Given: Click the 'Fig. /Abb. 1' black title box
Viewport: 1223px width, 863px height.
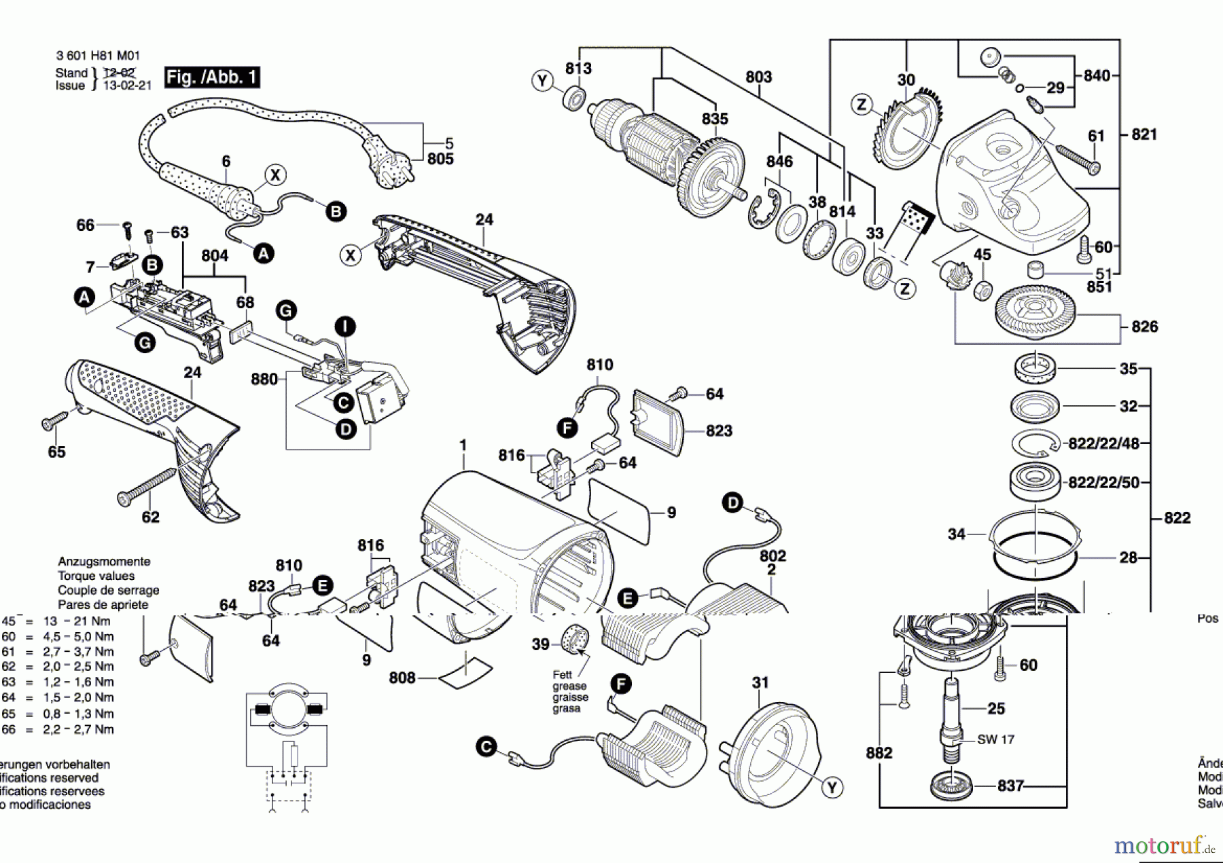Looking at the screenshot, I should click(x=212, y=77).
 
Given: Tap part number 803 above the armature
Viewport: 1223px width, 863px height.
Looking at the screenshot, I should click(x=758, y=77).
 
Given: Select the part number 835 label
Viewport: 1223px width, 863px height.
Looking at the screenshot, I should click(x=715, y=119).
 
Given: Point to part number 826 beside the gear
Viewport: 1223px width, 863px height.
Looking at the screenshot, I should click(x=1144, y=327).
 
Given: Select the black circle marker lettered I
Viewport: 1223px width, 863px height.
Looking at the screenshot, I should click(x=345, y=327).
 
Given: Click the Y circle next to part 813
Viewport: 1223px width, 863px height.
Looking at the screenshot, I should click(x=542, y=81).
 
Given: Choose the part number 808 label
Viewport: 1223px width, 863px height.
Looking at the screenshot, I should click(x=402, y=678).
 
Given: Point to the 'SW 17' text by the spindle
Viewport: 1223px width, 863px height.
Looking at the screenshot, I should click(x=995, y=739).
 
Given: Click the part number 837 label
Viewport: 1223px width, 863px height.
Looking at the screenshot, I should click(x=1010, y=786).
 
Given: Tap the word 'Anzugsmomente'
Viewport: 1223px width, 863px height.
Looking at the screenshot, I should click(x=104, y=562).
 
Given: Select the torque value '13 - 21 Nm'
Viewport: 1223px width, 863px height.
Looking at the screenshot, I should click(x=77, y=621).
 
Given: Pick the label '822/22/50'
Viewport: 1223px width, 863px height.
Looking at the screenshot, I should click(x=1104, y=483).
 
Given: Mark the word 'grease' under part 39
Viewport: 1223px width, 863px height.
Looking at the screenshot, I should click(x=569, y=686).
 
